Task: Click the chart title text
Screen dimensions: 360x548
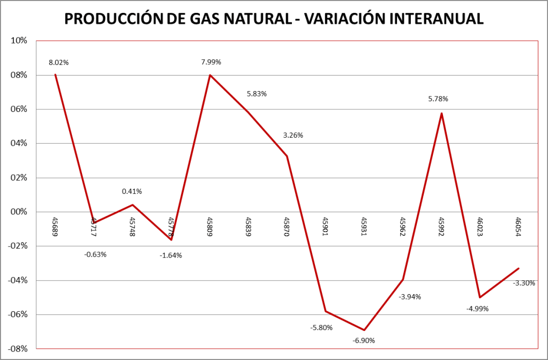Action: click(x=274, y=19)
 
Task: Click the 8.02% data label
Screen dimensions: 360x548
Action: click(x=58, y=62)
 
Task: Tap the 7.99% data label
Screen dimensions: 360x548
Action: click(x=211, y=62)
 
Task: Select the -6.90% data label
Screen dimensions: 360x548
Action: click(x=364, y=341)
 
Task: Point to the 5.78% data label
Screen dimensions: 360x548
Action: click(x=438, y=99)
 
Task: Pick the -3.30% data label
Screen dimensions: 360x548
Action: click(x=524, y=283)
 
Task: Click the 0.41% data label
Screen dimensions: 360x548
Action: click(x=132, y=191)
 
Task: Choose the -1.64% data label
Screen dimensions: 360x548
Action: click(x=171, y=256)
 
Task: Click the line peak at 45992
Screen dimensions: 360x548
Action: click(x=441, y=113)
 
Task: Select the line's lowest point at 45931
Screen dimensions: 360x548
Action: click(x=364, y=330)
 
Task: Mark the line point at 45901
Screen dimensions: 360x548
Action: click(x=326, y=311)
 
